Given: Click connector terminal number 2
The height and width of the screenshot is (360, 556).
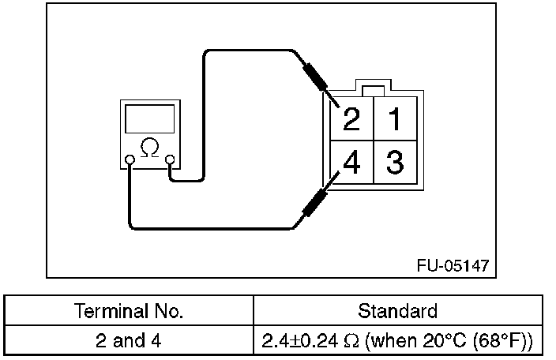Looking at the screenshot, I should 352,120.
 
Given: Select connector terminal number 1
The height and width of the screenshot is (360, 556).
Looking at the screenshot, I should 395,120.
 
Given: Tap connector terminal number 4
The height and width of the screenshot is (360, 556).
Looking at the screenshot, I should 352,164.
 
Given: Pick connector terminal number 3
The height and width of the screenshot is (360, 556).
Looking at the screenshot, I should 395,164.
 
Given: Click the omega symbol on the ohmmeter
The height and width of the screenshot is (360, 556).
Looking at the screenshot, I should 148,146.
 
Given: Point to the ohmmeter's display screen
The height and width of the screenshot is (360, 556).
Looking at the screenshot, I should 148,120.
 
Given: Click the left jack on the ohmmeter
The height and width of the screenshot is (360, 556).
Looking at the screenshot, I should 130,161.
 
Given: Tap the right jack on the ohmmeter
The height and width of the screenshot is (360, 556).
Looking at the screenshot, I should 169,161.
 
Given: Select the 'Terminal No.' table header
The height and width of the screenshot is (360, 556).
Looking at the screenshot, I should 128,311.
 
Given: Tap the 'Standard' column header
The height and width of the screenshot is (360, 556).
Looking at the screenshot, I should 397,311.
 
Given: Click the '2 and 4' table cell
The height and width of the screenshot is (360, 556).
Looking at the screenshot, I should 129,340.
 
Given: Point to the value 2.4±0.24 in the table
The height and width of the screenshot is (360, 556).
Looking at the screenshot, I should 304,341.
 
